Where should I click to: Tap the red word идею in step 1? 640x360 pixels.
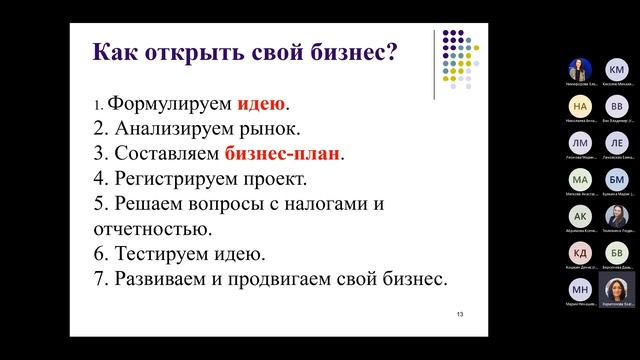[x=261, y=104]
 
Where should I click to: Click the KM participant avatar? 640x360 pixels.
[x=617, y=70]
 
